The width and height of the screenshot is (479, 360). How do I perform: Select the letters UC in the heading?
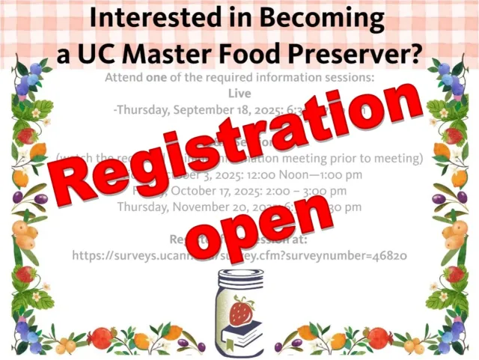pos(97,53)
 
